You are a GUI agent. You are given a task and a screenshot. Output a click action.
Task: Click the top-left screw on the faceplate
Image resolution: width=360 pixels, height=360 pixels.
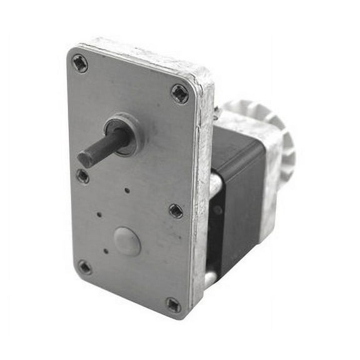click(79, 63)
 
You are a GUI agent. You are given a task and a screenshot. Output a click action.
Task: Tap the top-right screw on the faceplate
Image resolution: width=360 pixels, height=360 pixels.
click(179, 94)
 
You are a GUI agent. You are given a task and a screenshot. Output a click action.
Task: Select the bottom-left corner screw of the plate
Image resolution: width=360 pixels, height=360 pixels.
click(84, 267)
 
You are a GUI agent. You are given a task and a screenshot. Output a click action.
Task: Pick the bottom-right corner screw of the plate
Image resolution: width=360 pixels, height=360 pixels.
click(173, 305)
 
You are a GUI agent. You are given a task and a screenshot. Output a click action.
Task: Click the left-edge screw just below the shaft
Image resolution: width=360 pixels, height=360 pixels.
click(82, 176)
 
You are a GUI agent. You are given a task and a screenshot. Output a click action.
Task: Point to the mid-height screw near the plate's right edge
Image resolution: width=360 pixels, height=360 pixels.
click(176, 211)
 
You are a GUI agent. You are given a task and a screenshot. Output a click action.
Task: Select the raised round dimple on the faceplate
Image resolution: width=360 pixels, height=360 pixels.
click(127, 241)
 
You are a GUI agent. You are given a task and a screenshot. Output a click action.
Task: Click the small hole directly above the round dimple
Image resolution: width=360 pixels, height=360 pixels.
click(127, 190)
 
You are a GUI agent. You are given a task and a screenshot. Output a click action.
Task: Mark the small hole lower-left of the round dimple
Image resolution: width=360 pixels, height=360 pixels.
click(106, 251)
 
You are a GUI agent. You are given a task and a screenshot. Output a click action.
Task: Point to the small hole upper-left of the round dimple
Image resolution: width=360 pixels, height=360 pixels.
click(99, 214)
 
